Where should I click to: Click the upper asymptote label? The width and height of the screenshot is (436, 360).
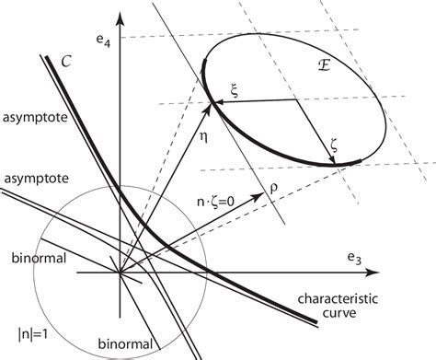32,120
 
